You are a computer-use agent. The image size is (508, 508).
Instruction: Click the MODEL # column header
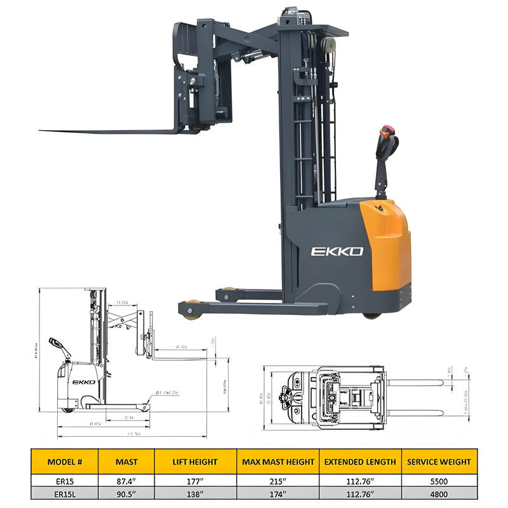tap(63, 462)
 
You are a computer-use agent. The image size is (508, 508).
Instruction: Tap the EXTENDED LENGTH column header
tap(360, 462)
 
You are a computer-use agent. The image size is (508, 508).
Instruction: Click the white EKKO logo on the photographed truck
tap(337, 251)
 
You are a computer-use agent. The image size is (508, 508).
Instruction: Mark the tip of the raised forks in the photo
tap(42, 131)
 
